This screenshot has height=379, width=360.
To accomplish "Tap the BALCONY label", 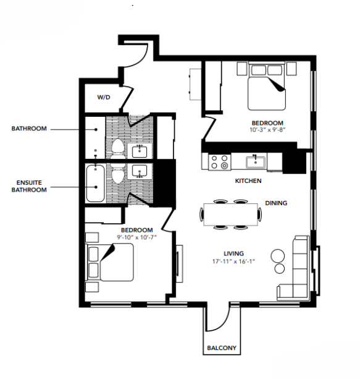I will point(220,348).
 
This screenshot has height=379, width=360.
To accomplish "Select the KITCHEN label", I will point(248,181).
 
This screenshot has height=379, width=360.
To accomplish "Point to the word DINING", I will point(276,202).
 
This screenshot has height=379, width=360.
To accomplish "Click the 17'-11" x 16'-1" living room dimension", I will point(234,260).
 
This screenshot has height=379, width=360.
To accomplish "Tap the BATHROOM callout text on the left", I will point(29,129).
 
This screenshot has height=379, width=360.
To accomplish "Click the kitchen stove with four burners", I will point(219,161).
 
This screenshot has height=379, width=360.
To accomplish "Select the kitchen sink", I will point(255,162).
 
